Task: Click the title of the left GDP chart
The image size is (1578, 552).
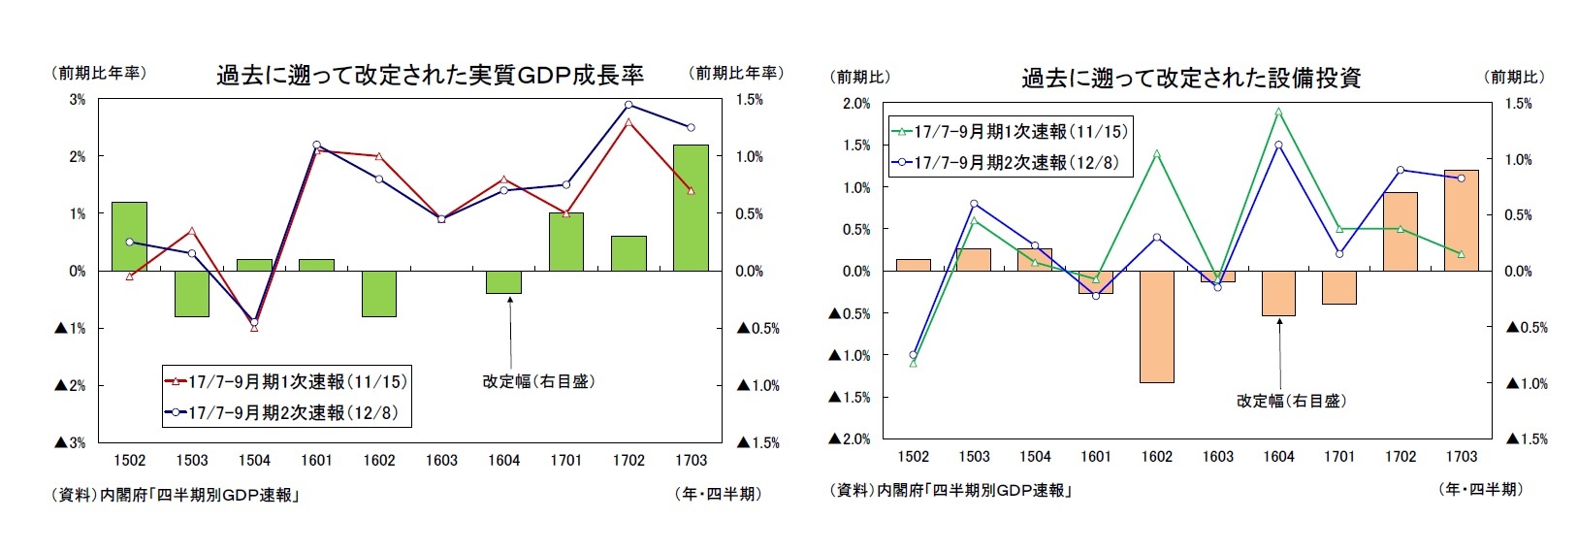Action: coord(429,76)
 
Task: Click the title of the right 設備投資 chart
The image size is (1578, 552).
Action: coord(1190,79)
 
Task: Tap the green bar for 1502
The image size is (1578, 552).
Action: coord(129,236)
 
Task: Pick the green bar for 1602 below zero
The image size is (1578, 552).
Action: coord(379,293)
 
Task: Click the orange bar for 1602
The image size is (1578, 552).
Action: coord(1156,327)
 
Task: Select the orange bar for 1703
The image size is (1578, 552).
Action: coord(1461,220)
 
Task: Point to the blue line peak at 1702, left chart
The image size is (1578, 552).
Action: coord(628,105)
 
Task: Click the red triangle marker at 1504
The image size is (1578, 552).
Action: coord(254,328)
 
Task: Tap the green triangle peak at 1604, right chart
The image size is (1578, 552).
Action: coord(1278,112)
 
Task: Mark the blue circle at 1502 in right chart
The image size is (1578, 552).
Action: coord(913,354)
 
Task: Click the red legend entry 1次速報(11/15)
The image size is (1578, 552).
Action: coord(286,382)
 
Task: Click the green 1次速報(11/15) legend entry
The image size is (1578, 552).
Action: coord(1009,131)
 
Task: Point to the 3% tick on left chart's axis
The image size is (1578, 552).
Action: coord(77,99)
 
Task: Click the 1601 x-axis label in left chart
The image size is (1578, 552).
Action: coord(316,460)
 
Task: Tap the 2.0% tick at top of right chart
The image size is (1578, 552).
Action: coord(856,104)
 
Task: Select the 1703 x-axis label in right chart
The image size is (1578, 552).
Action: coord(1461,456)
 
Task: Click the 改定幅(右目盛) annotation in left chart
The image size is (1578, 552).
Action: coord(538,382)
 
